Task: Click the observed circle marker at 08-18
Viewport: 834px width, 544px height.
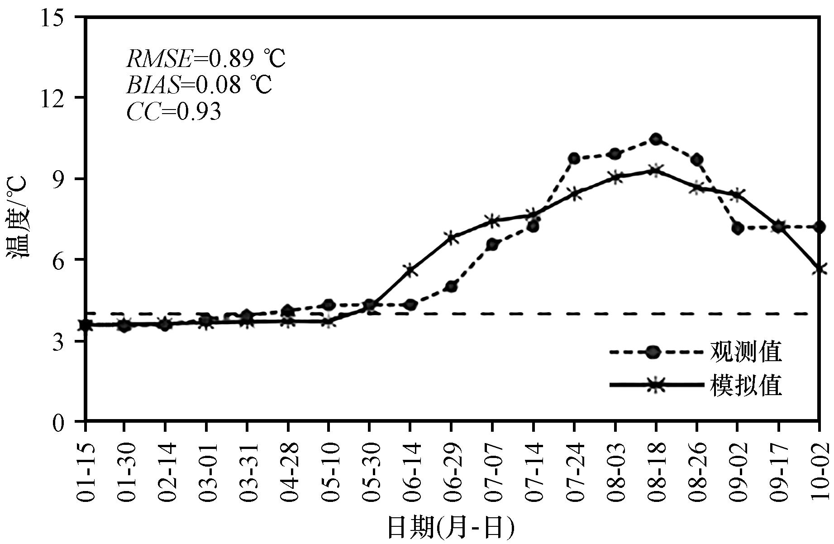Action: point(656,139)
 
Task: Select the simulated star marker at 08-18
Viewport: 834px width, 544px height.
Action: point(656,171)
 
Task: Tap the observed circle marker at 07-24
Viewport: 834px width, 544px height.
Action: point(574,158)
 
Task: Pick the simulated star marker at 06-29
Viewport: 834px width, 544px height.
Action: point(451,238)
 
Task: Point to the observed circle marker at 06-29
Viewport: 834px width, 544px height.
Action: point(451,286)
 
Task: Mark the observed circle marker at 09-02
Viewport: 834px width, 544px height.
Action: point(738,228)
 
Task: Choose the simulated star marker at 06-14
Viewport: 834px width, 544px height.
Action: point(410,271)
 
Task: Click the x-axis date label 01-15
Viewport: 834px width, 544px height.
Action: point(86,472)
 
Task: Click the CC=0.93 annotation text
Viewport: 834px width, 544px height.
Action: point(174,111)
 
